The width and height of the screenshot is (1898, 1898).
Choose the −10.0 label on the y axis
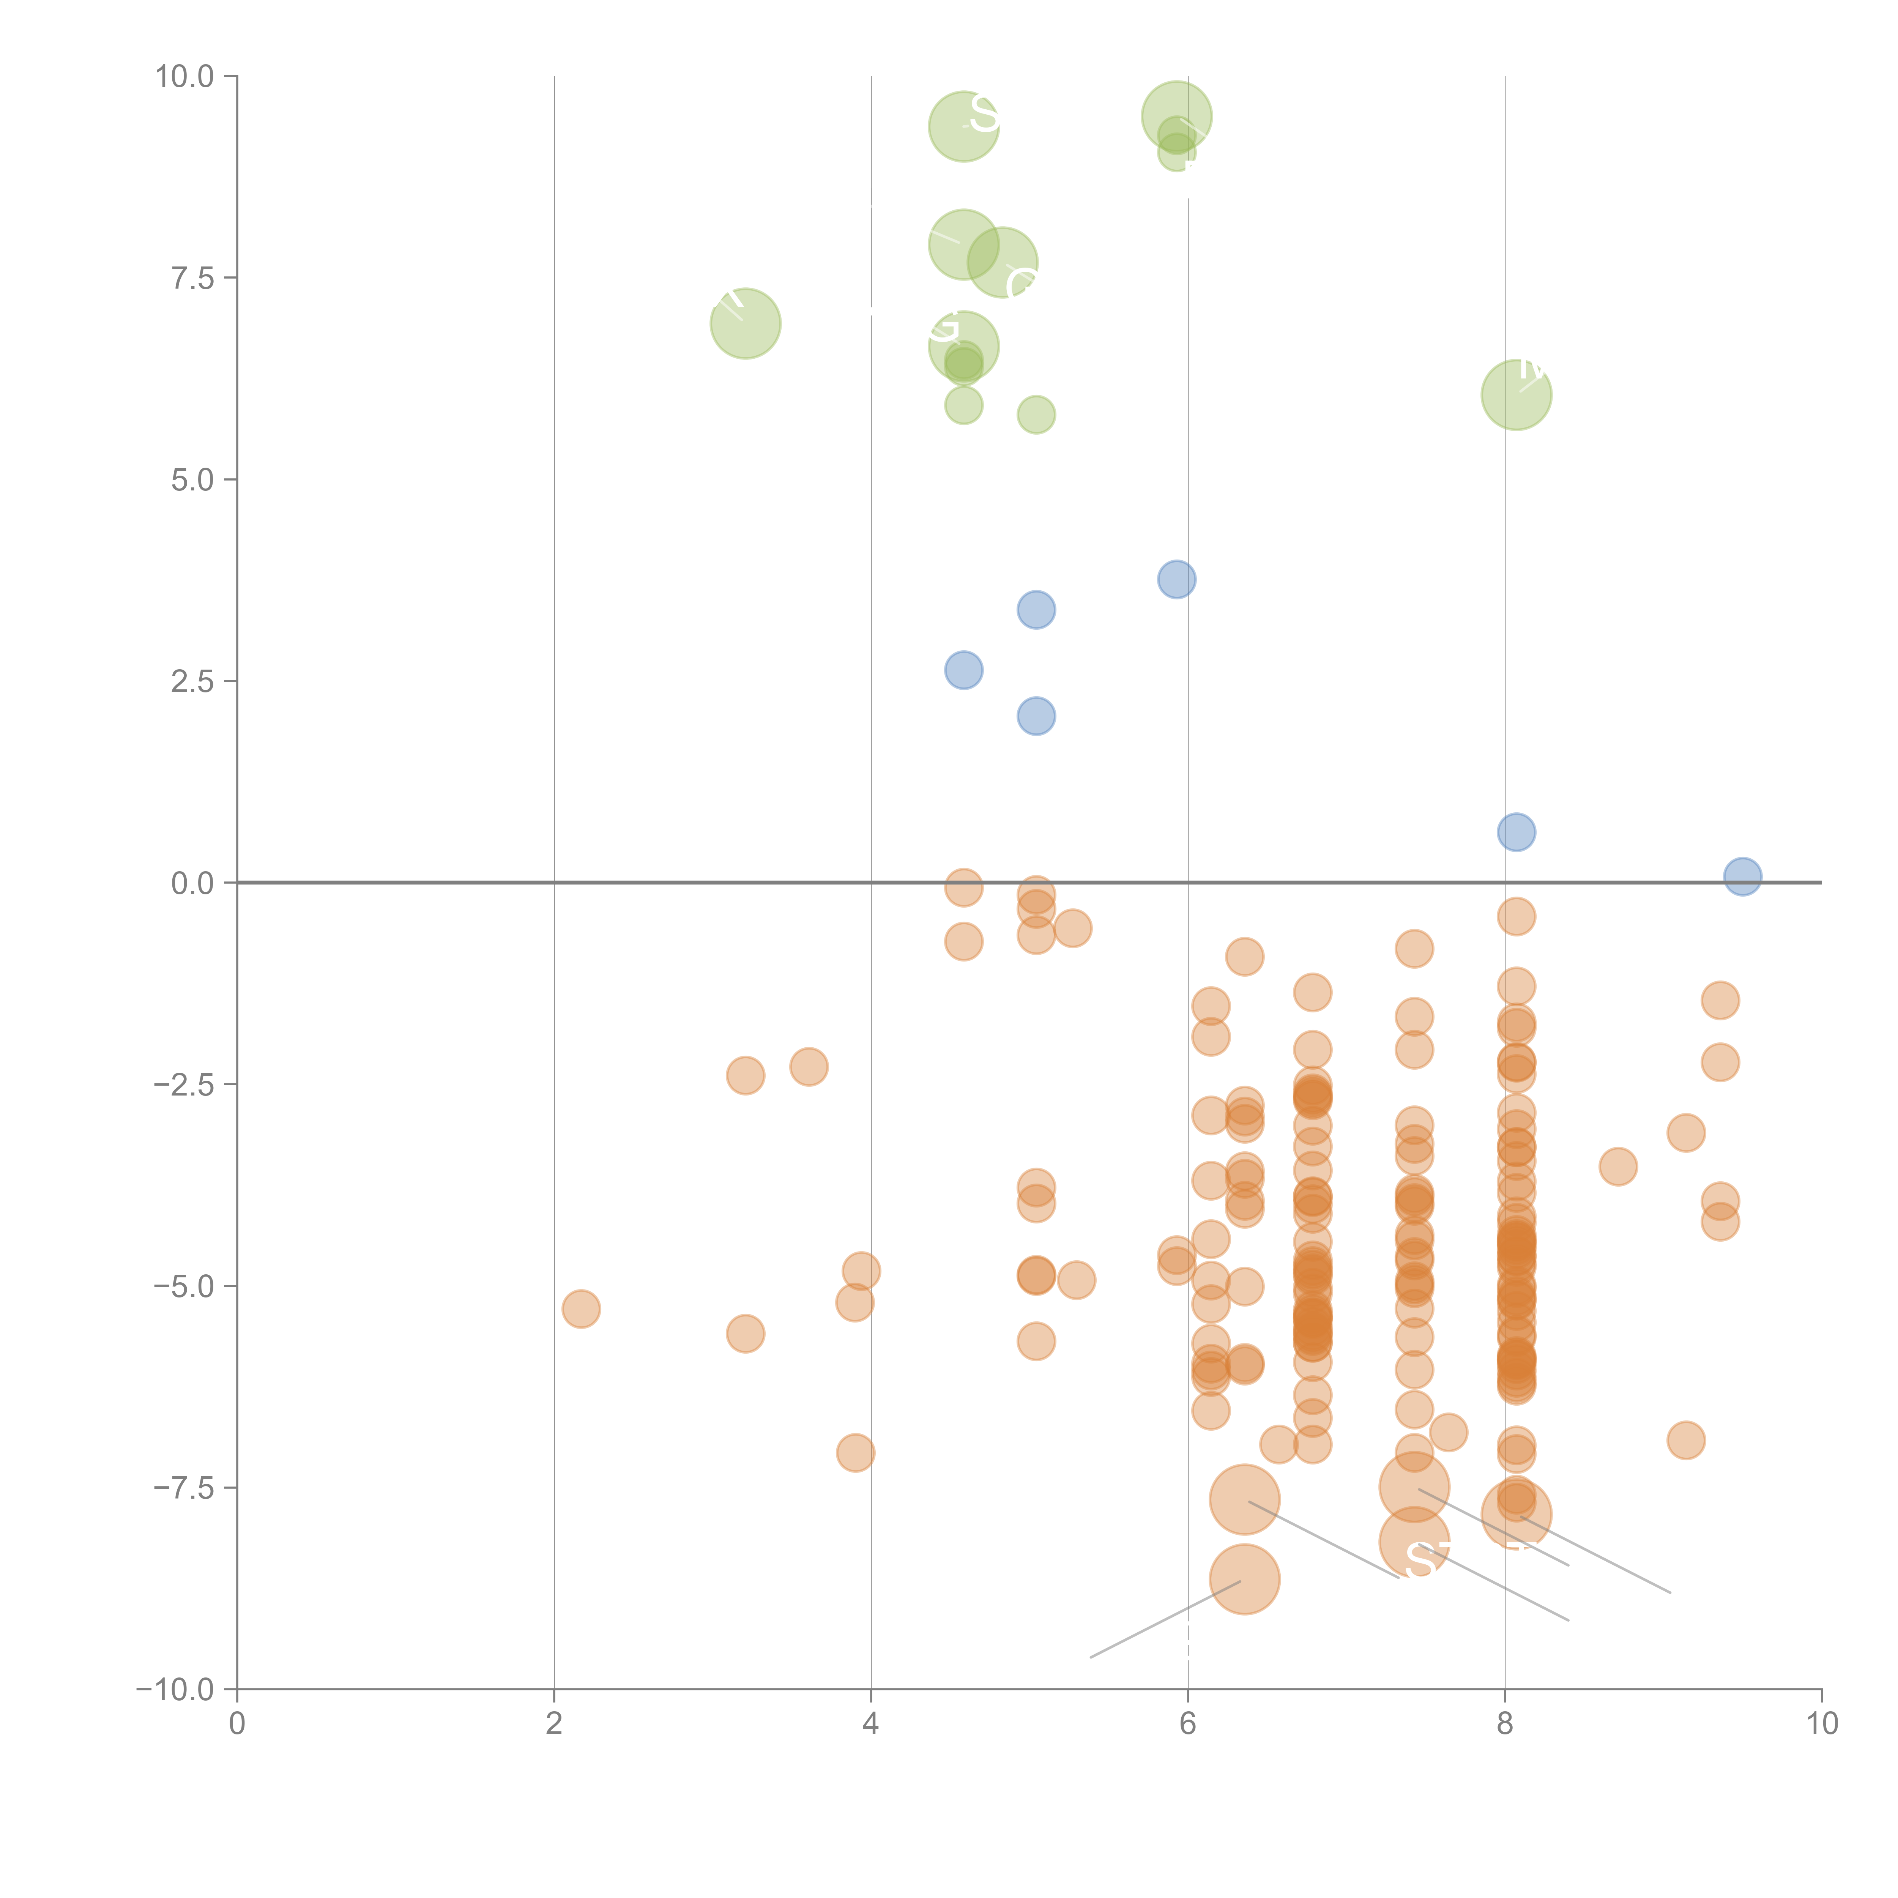175,1690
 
